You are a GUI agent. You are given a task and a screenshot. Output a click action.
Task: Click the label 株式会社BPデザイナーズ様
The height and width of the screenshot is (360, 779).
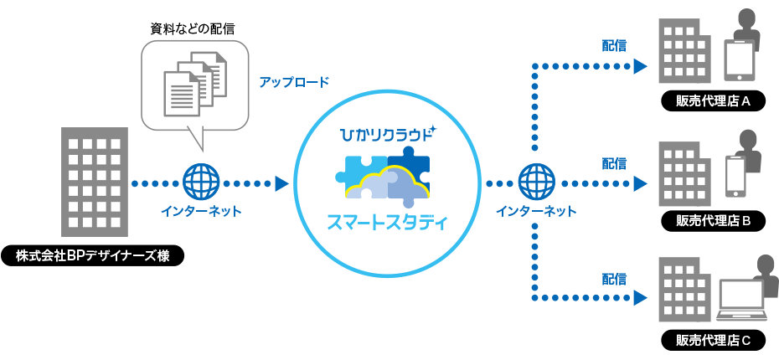point(92,255)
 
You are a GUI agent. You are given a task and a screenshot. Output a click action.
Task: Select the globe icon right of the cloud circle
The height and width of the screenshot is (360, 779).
point(536,180)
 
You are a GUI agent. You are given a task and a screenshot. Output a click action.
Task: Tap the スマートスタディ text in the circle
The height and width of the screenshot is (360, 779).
point(387,224)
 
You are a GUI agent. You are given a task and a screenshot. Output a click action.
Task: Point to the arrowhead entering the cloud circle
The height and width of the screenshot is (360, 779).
point(281,182)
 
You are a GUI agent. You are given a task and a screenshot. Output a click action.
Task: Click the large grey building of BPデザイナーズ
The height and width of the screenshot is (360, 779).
point(95,182)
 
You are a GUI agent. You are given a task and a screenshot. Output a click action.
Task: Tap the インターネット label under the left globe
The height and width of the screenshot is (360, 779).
point(201,211)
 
